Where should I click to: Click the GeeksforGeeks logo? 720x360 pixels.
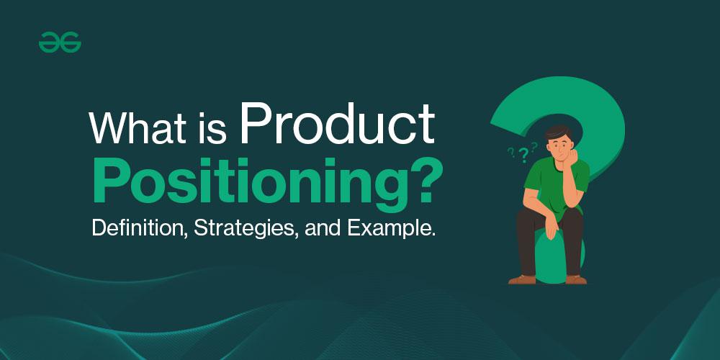[x=60, y=42]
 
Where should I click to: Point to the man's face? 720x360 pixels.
[x=559, y=147]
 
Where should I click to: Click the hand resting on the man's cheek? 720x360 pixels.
[x=571, y=158]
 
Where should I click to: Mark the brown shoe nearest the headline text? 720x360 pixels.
[x=522, y=279]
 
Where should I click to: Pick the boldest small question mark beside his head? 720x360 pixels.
[x=523, y=156]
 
